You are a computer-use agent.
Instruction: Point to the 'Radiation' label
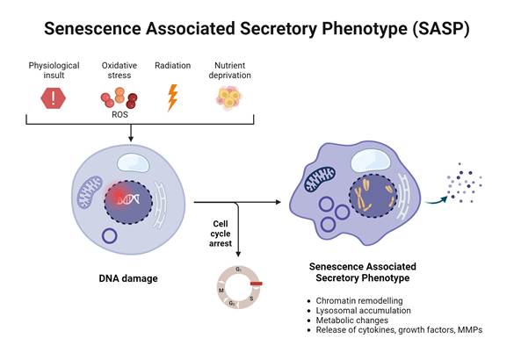pyautogui.click(x=172, y=66)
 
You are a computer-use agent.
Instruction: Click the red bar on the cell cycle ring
pyautogui.click(x=256, y=284)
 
